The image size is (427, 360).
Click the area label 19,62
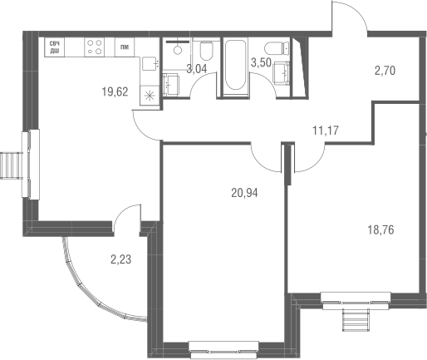coord(115,91)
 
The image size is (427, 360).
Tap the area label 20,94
coord(244,193)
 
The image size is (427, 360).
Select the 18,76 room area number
coord(380,230)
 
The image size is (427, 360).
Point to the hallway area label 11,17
coord(326,131)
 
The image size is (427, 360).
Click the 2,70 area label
coord(385,71)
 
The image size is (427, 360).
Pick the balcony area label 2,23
coord(120,259)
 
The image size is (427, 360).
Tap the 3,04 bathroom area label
coord(197,69)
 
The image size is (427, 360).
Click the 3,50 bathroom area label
coord(261,63)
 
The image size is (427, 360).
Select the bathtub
coord(235,65)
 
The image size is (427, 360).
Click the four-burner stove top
coord(95,47)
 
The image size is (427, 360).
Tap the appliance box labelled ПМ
coord(125,47)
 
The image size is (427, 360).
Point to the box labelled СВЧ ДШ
coord(55,47)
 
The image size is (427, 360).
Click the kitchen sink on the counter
coord(150,64)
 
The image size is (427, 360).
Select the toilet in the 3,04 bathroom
coord(207,51)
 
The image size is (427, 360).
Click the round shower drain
coord(178,50)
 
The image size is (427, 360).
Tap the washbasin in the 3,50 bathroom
coord(282,73)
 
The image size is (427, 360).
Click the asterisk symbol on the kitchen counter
coord(150,96)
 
